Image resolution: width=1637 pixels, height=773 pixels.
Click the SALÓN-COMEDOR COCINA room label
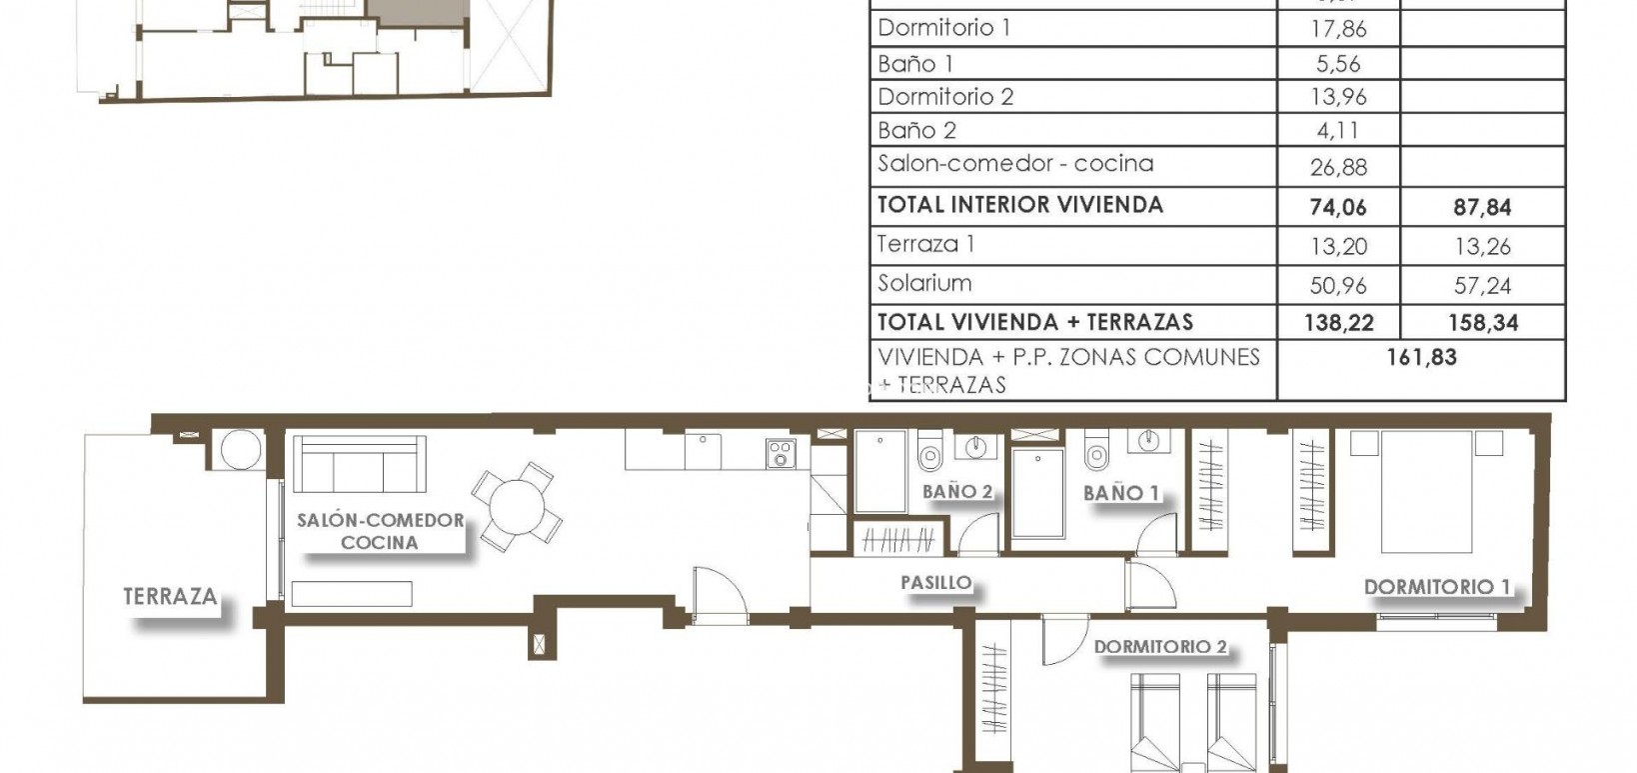coord(380,531)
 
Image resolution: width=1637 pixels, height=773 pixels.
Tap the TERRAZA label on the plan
coord(170,597)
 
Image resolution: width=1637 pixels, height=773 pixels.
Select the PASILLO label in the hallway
coord(935,582)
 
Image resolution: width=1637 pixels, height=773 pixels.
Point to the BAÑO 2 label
coord(957,491)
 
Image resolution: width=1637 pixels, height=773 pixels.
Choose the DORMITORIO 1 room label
coord(1437,587)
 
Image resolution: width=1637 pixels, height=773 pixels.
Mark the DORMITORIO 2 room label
coord(1159,647)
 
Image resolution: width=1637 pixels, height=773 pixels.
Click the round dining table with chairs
coord(517,504)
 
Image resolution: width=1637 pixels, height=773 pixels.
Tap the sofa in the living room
coord(358,463)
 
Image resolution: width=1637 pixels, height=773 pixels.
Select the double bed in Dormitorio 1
coord(1427,490)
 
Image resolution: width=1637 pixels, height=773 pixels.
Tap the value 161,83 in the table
coord(1421,357)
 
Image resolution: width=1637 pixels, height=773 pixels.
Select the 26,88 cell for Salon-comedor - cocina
coord(1338,168)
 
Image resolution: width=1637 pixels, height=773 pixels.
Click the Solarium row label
coord(924,283)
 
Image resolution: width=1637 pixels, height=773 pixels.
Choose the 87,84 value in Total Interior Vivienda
coord(1483,208)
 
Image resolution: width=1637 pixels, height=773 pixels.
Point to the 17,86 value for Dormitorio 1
coord(1338,29)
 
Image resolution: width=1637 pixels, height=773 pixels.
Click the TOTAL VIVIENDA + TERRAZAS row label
coord(1034,322)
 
